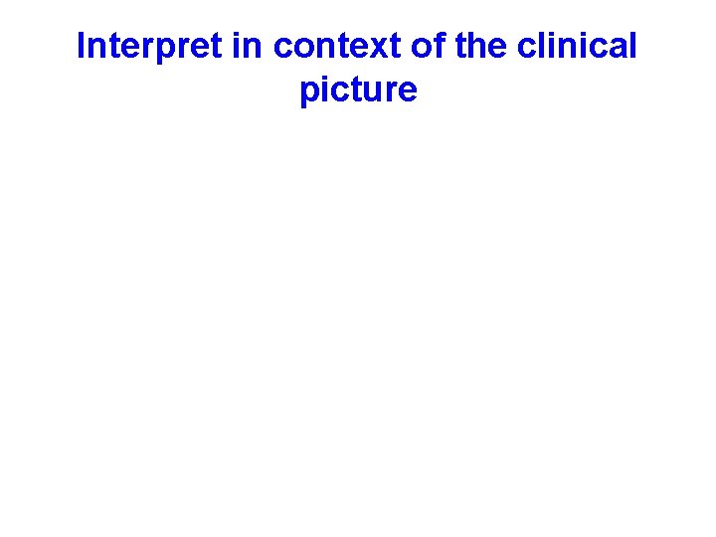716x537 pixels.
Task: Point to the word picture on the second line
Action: (358, 91)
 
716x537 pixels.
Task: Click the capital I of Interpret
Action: (82, 46)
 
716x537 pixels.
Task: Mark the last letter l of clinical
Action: (632, 46)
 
